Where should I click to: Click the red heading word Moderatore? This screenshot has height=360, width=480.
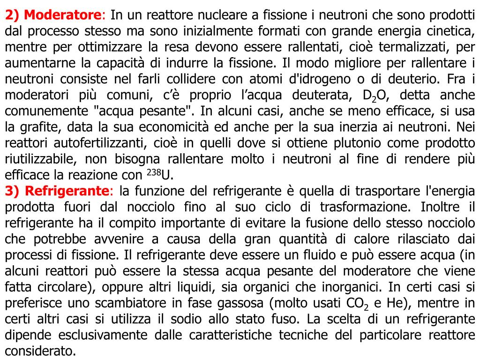tap(63, 15)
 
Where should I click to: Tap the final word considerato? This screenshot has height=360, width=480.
tap(40, 351)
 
